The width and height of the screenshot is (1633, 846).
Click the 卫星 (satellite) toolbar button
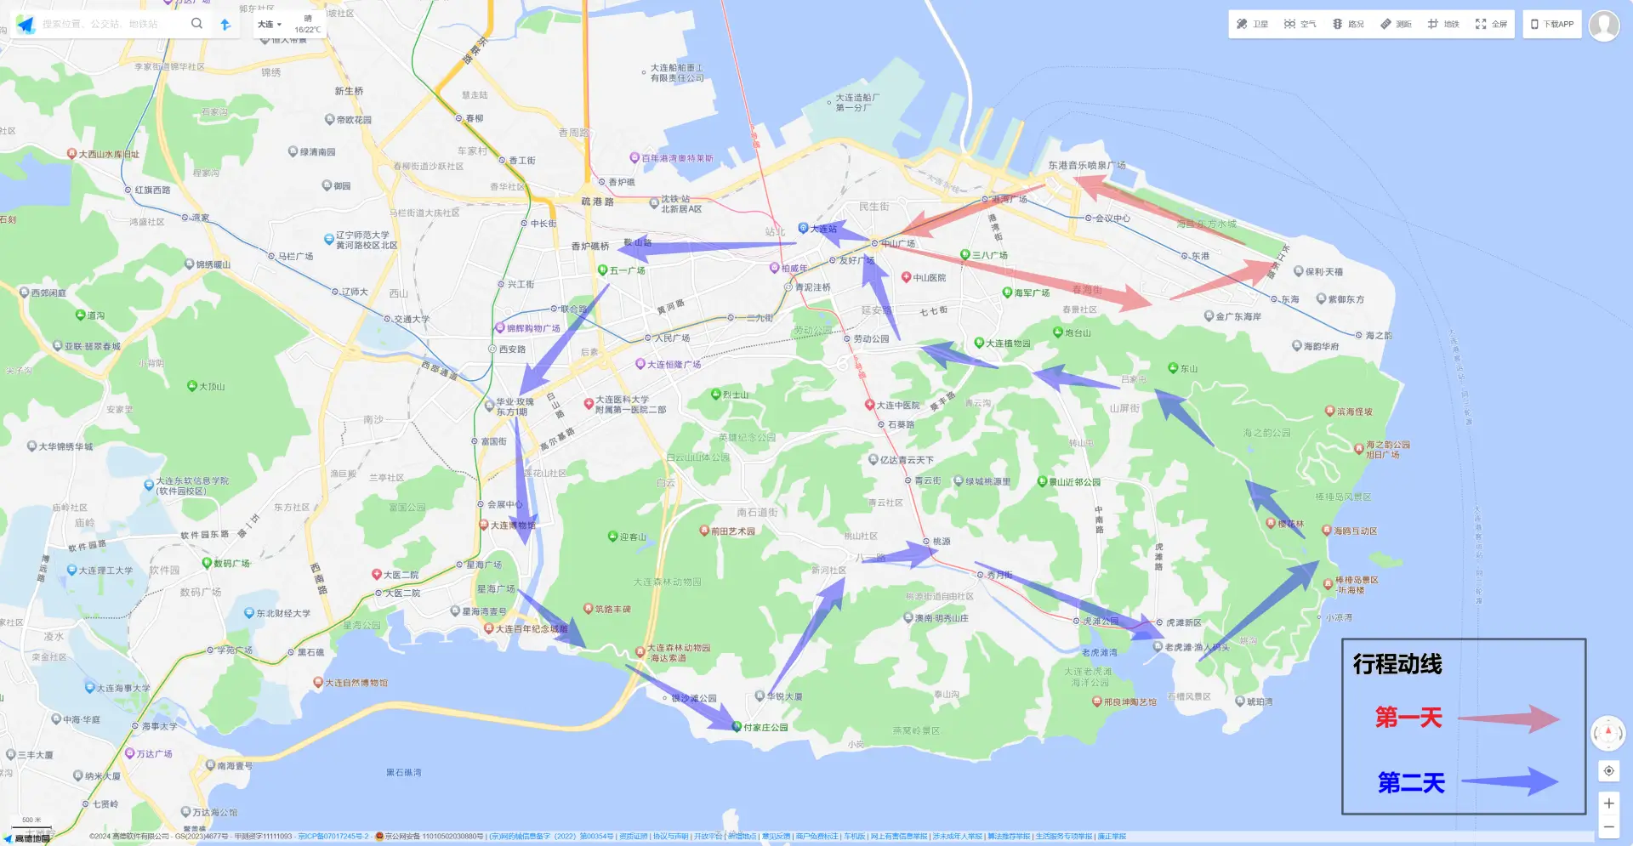(x=1252, y=24)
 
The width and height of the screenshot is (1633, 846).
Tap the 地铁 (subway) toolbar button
(x=1443, y=24)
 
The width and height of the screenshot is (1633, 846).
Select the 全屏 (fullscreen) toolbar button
(x=1491, y=24)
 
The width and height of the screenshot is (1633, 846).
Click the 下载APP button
(x=1552, y=24)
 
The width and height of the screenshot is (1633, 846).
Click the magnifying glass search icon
(x=196, y=24)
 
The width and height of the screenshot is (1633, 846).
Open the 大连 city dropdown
(x=269, y=25)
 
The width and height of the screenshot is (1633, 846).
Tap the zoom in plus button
(x=1608, y=803)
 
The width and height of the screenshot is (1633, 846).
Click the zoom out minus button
(x=1608, y=826)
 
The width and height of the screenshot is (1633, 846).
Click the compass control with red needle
(x=1607, y=732)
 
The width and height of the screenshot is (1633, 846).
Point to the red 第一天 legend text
(x=1408, y=718)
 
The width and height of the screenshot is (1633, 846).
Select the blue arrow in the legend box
(x=1511, y=781)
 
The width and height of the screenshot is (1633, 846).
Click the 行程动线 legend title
(x=1397, y=664)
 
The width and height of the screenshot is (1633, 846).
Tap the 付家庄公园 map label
(x=765, y=728)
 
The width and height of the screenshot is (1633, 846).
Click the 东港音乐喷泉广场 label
(x=1086, y=166)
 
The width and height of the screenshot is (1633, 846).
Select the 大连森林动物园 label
(x=667, y=582)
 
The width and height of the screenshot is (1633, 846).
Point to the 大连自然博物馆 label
(x=356, y=683)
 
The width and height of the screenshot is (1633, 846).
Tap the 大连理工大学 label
(x=105, y=571)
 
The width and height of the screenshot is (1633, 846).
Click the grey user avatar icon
(x=1604, y=25)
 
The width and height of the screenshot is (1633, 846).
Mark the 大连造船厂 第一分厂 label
(x=856, y=103)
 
